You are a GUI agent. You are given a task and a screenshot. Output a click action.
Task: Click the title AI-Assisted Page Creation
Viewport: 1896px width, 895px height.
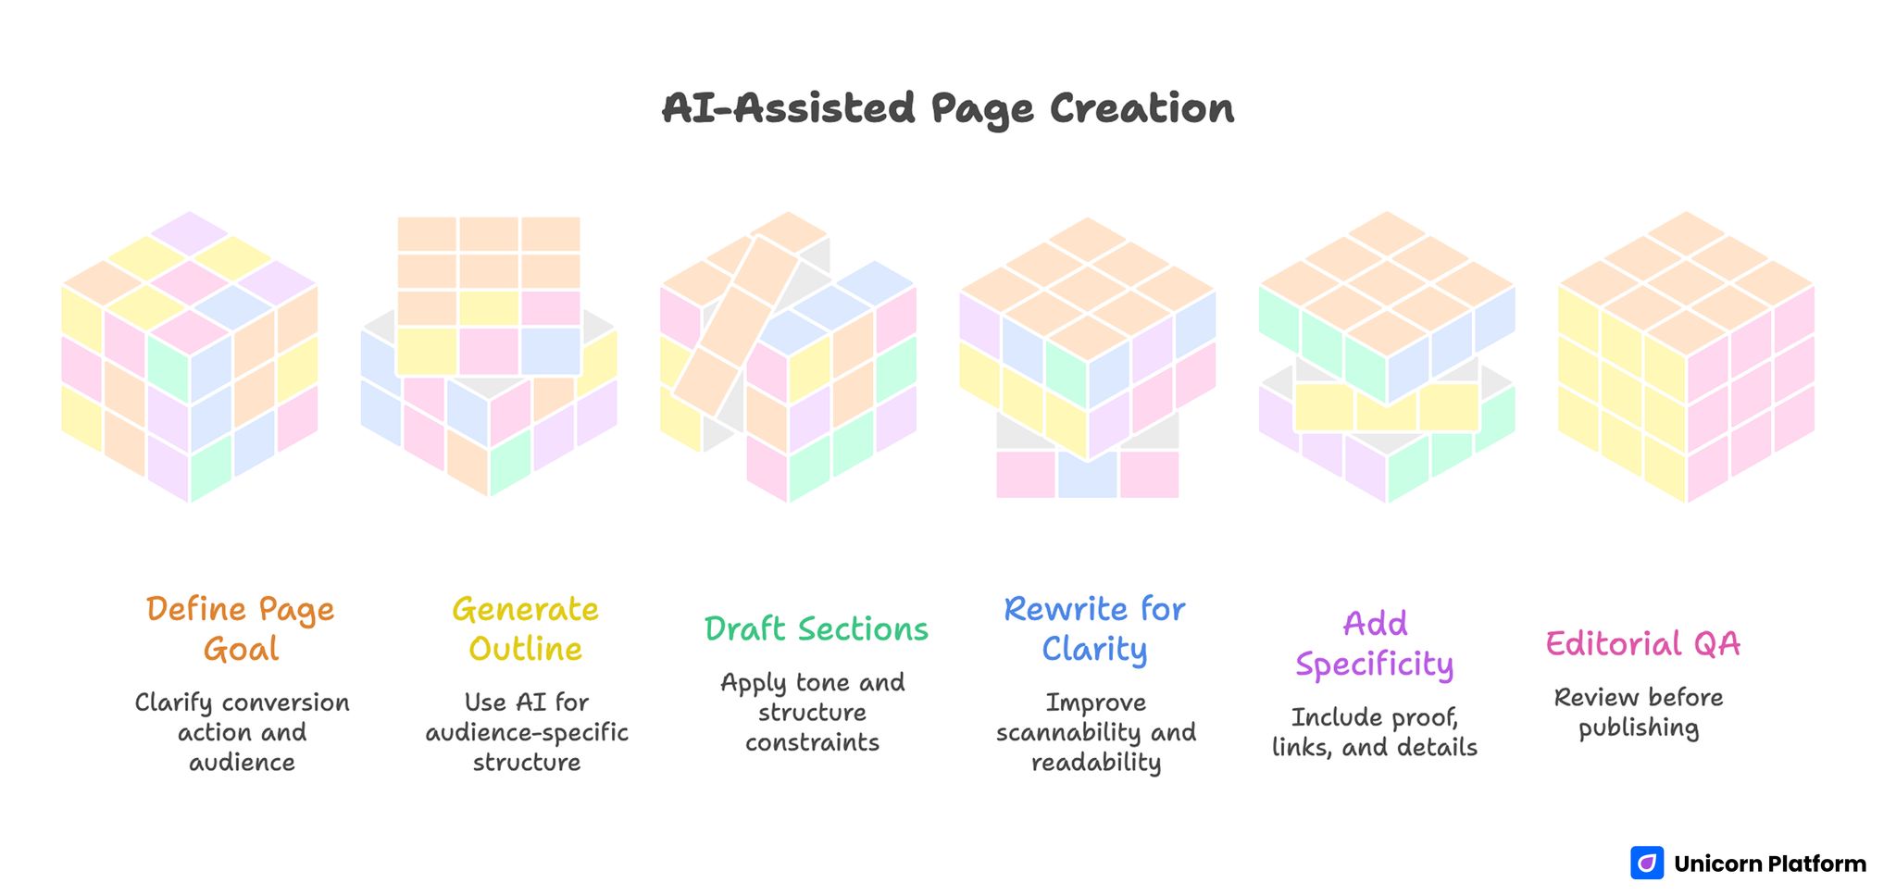[947, 108]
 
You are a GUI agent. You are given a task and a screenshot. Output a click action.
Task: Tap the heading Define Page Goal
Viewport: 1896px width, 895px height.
[241, 628]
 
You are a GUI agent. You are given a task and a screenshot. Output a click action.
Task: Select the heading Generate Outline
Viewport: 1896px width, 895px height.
[525, 628]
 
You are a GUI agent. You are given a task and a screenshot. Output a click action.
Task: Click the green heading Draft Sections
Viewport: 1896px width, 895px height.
[816, 629]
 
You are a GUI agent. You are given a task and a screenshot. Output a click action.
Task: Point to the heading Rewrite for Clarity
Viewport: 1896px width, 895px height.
[1094, 628]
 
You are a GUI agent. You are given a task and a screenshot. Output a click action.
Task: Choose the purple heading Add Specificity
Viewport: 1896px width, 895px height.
[1375, 643]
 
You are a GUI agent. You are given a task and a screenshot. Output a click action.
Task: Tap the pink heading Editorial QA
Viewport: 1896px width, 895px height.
[1642, 643]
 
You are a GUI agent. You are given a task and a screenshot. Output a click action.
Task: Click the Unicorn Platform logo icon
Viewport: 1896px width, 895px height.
[1646, 863]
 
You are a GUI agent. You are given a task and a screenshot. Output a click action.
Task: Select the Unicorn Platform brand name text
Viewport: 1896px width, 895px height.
[1769, 864]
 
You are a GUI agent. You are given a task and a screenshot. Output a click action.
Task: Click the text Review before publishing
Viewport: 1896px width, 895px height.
[1639, 712]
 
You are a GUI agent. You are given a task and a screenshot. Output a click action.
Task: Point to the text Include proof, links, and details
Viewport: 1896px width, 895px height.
[1375, 732]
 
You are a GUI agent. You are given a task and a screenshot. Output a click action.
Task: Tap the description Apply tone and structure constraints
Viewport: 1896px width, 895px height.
[813, 712]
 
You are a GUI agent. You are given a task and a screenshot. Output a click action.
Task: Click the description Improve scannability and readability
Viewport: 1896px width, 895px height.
[1096, 732]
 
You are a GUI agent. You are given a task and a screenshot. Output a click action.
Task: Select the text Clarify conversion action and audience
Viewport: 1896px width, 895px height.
[242, 732]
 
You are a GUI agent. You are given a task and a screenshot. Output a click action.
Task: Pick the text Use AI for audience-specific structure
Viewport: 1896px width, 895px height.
[526, 732]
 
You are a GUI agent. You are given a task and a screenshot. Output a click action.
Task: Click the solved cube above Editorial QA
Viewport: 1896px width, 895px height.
[1686, 356]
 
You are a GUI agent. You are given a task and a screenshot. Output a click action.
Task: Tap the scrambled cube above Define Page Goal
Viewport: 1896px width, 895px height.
[190, 356]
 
